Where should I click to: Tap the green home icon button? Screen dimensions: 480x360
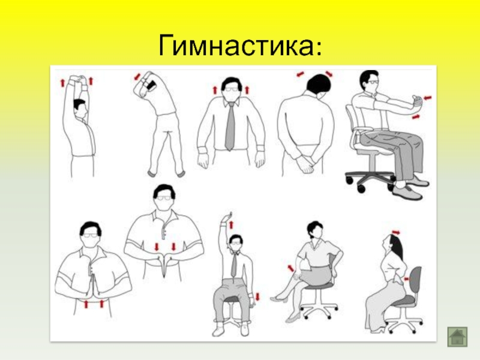click(457, 337)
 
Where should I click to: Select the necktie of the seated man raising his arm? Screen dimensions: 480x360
click(234, 265)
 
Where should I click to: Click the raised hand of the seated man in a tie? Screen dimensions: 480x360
click(227, 217)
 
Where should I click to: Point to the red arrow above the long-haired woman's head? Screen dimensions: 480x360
click(395, 233)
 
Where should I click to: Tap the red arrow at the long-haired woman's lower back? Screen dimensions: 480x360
click(407, 279)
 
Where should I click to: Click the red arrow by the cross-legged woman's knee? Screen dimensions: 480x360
click(290, 268)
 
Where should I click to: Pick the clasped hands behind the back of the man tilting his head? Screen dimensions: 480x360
click(307, 162)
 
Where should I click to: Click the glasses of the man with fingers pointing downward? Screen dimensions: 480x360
click(164, 198)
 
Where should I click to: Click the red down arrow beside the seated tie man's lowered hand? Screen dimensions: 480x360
click(257, 296)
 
